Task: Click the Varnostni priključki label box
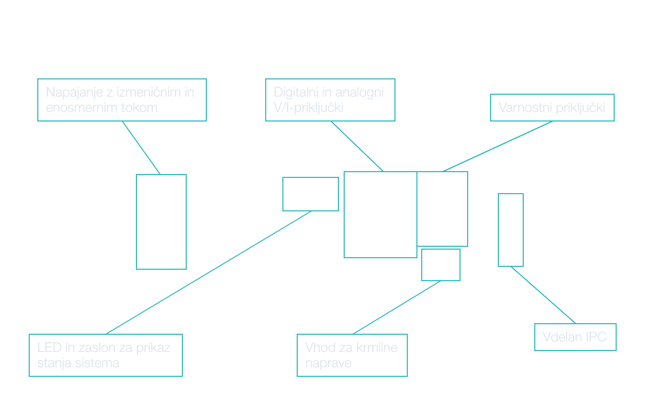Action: pyautogui.click(x=552, y=108)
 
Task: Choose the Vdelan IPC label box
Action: pyautogui.click(x=575, y=337)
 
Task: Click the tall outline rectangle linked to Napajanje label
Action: pyautogui.click(x=161, y=222)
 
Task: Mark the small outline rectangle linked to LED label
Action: pyautogui.click(x=311, y=194)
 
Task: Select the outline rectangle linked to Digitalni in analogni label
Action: pyautogui.click(x=381, y=215)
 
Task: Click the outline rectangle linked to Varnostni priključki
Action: pyautogui.click(x=442, y=209)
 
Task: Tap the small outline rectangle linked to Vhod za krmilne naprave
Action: pyautogui.click(x=441, y=265)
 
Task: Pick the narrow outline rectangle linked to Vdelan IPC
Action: pyautogui.click(x=511, y=230)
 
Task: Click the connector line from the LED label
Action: pyautogui.click(x=209, y=273)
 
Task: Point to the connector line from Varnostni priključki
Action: pyautogui.click(x=498, y=146)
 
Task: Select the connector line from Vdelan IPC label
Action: pyautogui.click(x=543, y=295)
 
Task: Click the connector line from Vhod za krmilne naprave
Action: pyautogui.click(x=397, y=307)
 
